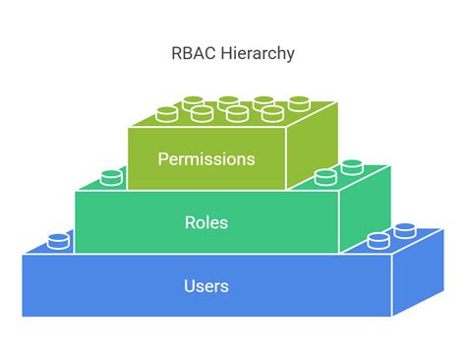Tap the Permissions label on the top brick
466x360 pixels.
point(206,159)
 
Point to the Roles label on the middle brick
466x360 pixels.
point(206,222)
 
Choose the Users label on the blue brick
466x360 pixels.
point(206,286)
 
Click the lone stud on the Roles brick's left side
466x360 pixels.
point(112,177)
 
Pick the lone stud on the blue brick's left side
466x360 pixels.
point(59,240)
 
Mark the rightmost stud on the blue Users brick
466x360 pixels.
point(404,232)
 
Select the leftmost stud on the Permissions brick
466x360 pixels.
point(167,114)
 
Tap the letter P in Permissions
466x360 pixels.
point(162,159)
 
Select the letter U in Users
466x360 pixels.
point(189,286)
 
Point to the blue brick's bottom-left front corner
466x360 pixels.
point(24,316)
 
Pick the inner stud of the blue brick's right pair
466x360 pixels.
point(378,241)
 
